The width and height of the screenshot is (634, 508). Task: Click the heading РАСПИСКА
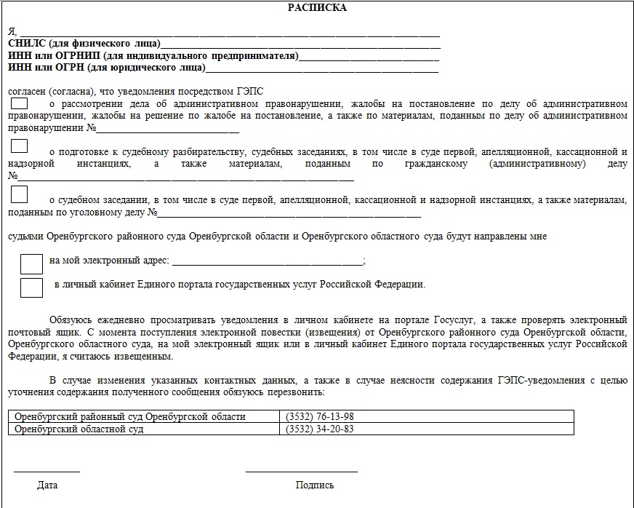317,8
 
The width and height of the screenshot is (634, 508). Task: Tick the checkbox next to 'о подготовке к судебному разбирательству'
20,146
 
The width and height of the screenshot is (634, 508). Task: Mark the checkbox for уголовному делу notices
20,194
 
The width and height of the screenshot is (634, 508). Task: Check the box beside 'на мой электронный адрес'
31,263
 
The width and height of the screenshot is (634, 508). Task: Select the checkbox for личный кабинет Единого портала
31,287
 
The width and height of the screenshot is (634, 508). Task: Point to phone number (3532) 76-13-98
321,417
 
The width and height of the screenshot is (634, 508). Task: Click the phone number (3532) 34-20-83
321,429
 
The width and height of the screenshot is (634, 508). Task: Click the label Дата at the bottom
47,485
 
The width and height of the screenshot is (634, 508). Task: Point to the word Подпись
315,485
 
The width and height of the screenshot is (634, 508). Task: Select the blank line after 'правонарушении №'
169,132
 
